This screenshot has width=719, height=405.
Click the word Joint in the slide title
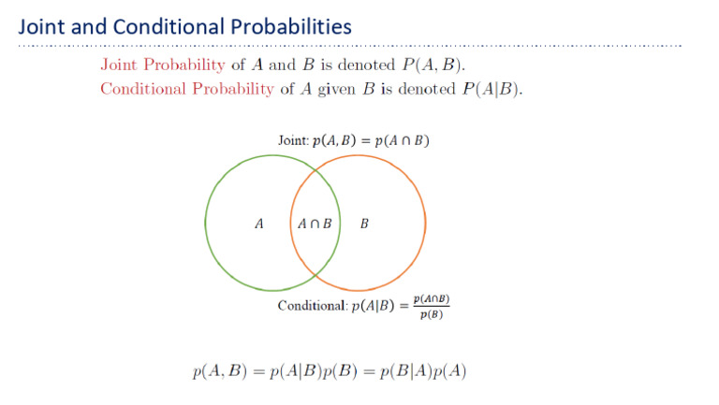(40, 26)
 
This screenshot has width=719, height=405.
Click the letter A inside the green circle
(259, 224)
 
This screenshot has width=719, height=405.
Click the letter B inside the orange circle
(364, 224)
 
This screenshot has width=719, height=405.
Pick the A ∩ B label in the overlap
(315, 224)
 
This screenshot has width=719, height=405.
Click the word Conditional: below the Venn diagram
(313, 306)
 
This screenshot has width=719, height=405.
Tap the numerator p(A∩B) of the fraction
(432, 298)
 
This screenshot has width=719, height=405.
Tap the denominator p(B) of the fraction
(432, 314)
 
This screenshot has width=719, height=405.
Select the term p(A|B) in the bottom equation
(290, 370)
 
